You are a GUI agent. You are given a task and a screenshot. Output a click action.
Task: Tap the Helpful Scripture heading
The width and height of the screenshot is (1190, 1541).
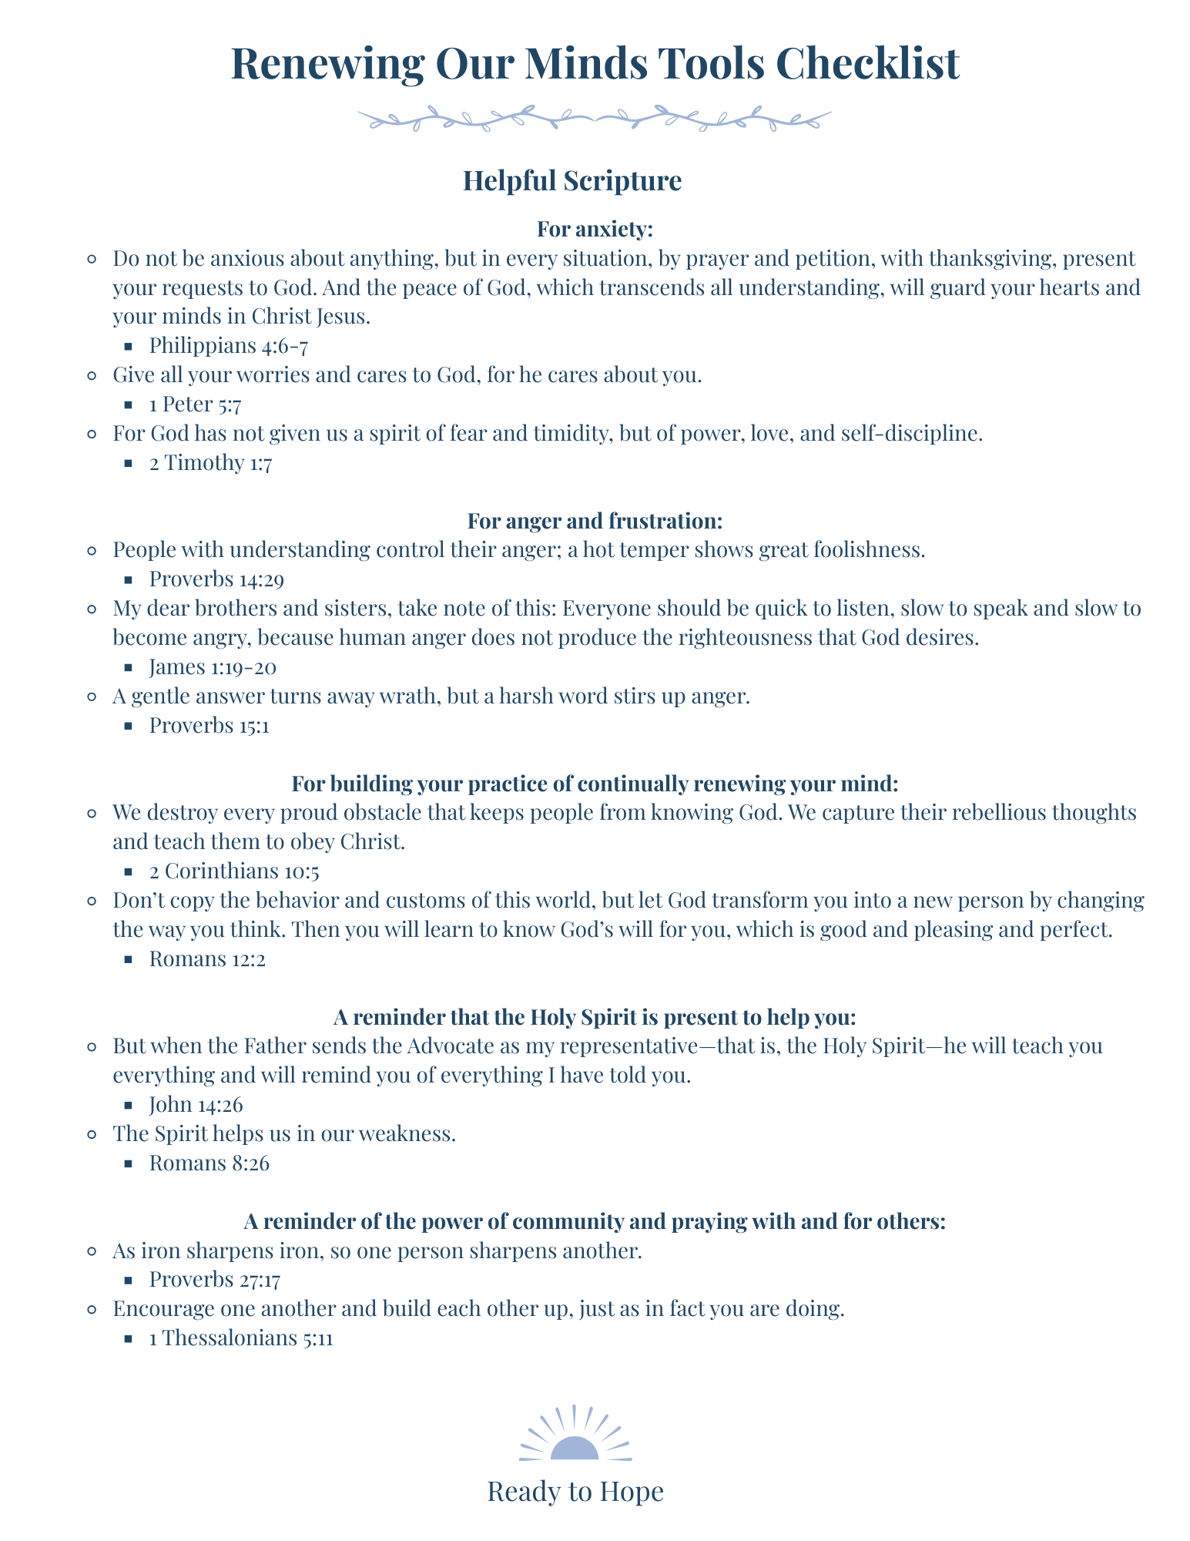[x=572, y=181]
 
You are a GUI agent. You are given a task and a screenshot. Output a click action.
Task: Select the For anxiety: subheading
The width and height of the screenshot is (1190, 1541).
[x=595, y=230]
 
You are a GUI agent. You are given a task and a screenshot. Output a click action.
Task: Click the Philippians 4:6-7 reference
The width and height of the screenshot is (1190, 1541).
[x=229, y=346]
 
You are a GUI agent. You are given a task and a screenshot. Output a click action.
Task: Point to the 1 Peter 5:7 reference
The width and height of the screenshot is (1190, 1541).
[x=196, y=405]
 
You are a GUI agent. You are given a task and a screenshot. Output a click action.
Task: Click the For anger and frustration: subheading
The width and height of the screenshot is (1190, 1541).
[x=595, y=522]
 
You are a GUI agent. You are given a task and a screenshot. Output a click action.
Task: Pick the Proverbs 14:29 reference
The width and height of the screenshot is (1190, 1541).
[x=216, y=579]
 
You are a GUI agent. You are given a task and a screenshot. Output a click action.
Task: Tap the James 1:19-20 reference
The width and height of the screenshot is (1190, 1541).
[x=213, y=667]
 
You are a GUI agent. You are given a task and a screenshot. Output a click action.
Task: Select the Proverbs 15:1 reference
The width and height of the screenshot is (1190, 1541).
[x=209, y=726]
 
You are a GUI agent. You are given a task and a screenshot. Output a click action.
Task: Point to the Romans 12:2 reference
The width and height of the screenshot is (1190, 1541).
[x=207, y=960]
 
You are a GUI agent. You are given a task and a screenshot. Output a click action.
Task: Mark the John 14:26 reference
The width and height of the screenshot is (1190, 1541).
[x=196, y=1105]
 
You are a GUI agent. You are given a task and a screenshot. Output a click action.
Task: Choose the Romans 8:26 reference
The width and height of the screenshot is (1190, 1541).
[x=209, y=1163]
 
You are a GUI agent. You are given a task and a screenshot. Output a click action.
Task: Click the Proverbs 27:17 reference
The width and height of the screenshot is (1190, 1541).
[x=214, y=1280]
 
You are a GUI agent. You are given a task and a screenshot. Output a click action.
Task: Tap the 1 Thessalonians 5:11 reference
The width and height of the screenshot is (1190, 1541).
[x=240, y=1338]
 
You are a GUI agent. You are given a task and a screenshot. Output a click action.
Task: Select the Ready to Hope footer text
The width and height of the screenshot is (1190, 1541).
[x=575, y=1492]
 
